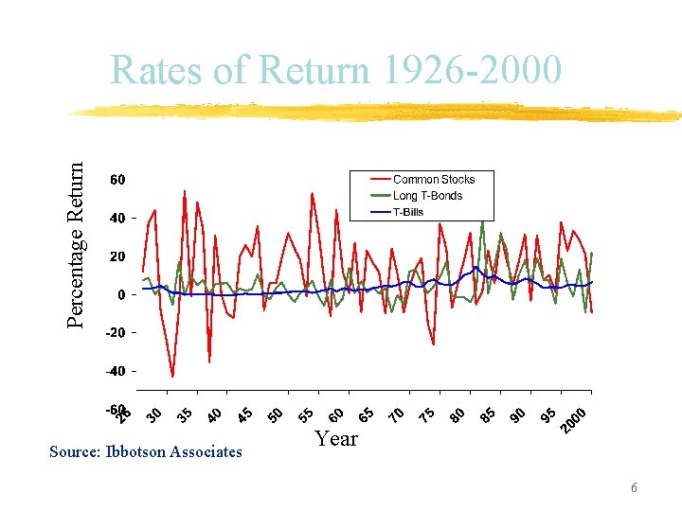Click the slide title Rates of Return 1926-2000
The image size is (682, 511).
[336, 71]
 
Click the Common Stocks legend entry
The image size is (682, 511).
[433, 179]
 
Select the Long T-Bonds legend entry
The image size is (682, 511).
[427, 196]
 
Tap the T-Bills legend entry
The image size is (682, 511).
[408, 212]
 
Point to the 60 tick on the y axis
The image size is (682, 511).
[119, 180]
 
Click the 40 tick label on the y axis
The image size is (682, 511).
[119, 219]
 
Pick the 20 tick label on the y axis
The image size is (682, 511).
[119, 256]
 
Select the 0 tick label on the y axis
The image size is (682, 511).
[122, 295]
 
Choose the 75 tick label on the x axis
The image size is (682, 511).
[428, 415]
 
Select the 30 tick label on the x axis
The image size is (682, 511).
[155, 415]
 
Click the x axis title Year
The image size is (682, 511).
[336, 439]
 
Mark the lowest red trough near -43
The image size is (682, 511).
[172, 377]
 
